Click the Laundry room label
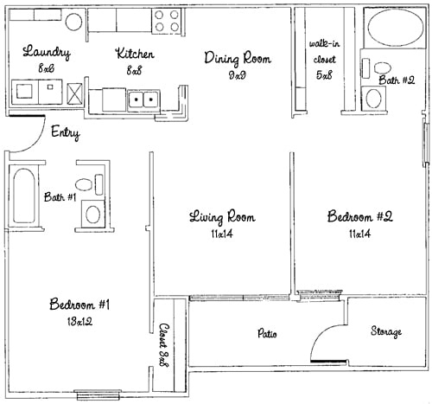click(x=47, y=52)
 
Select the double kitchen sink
click(x=143, y=100)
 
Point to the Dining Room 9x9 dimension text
click(x=238, y=75)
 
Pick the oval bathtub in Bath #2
click(x=395, y=28)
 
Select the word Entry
click(x=66, y=133)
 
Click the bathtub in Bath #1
click(x=24, y=196)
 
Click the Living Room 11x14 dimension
click(x=222, y=234)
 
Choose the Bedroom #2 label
click(x=360, y=217)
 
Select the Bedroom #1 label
click(x=79, y=305)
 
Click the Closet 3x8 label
click(x=164, y=345)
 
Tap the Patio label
click(x=267, y=333)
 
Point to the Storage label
click(x=386, y=331)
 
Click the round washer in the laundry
click(x=73, y=22)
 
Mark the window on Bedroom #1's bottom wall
click(x=98, y=394)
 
